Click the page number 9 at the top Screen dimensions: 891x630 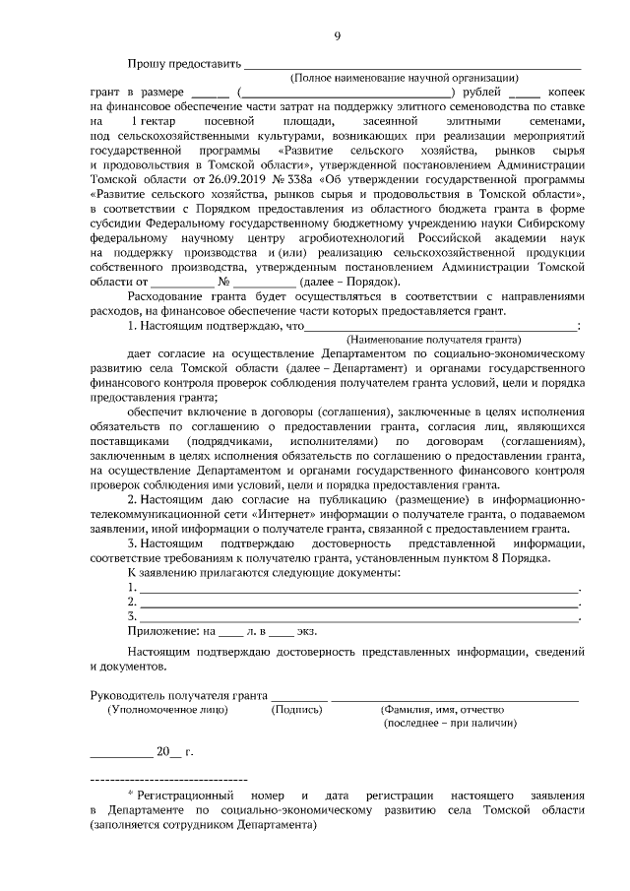coord(337,36)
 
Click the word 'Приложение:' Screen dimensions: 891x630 coord(163,630)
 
